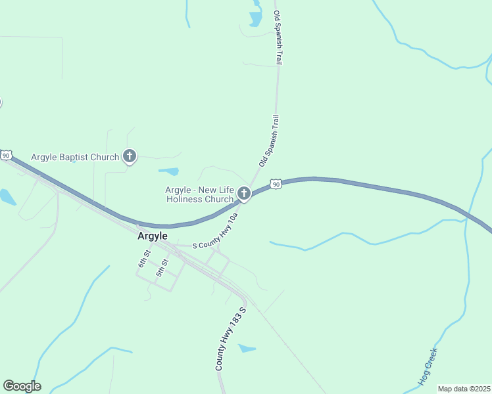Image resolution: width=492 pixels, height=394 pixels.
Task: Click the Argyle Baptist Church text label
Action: (76, 157)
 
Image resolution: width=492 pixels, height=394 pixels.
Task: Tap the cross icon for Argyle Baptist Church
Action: (130, 156)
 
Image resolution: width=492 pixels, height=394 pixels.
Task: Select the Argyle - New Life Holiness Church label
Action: (199, 194)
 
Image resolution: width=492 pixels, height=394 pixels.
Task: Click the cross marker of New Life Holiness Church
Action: (244, 193)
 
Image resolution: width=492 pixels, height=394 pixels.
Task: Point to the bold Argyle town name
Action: (153, 236)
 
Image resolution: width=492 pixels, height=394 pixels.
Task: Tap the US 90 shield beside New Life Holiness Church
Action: (276, 184)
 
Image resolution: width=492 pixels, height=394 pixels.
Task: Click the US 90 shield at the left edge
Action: (6, 155)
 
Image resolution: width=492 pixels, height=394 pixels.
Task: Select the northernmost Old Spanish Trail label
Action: (278, 37)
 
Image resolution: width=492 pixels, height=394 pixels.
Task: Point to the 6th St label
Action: (143, 258)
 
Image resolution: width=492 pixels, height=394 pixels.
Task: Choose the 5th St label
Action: (161, 267)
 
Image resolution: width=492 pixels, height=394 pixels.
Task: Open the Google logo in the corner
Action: (22, 386)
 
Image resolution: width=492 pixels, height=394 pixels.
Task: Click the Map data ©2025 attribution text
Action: (464, 389)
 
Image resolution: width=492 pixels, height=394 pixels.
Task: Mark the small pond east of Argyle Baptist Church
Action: (169, 171)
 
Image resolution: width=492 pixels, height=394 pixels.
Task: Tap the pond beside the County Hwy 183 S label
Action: (247, 348)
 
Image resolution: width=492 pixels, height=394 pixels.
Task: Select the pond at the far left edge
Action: (7, 196)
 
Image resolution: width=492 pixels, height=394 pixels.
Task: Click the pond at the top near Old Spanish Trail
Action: (255, 18)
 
